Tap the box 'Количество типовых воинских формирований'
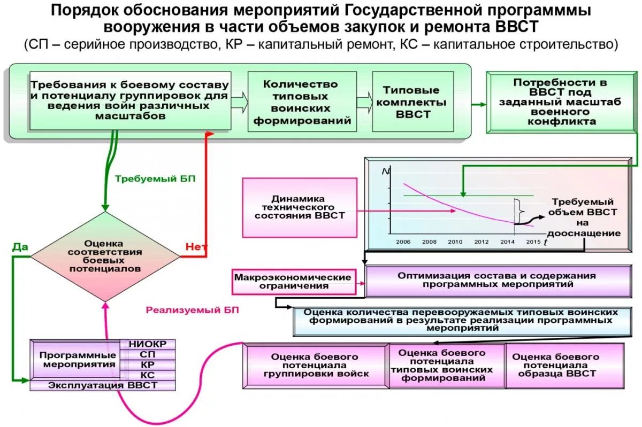coord(302,102)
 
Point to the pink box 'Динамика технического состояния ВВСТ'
coord(300,207)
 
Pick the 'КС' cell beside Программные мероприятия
coord(148,375)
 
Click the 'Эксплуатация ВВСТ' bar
coord(103,385)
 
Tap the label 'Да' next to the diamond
coord(20,247)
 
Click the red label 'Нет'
coord(195,247)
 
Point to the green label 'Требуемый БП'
coord(155,179)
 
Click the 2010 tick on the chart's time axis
coord(455,242)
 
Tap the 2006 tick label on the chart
coord(403,242)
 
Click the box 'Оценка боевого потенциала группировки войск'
coord(316,366)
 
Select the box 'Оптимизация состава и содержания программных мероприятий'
coord(496,280)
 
